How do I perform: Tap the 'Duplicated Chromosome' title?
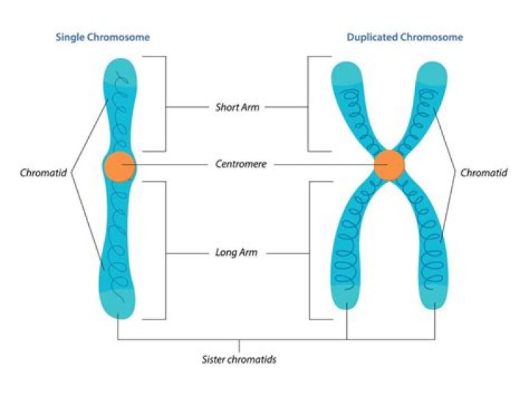(x=405, y=37)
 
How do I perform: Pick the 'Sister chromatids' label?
(x=239, y=360)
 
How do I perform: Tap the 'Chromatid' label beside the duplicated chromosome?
(x=482, y=173)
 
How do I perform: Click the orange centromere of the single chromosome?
(x=119, y=165)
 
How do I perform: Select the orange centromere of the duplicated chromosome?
(x=389, y=165)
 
